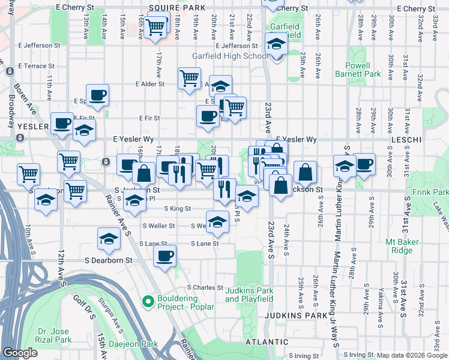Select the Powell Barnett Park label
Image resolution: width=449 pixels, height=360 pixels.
[363, 70]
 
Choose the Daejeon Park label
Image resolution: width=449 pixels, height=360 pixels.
[133, 344]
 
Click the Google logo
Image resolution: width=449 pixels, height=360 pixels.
[20, 353]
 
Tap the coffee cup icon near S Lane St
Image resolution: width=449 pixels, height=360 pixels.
[164, 256]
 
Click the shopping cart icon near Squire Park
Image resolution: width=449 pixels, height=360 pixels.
[155, 26]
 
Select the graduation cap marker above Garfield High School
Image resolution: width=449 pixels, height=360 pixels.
[276, 43]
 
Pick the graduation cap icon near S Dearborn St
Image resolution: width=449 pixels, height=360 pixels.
[109, 238]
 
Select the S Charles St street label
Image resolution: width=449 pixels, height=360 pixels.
[205, 287]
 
